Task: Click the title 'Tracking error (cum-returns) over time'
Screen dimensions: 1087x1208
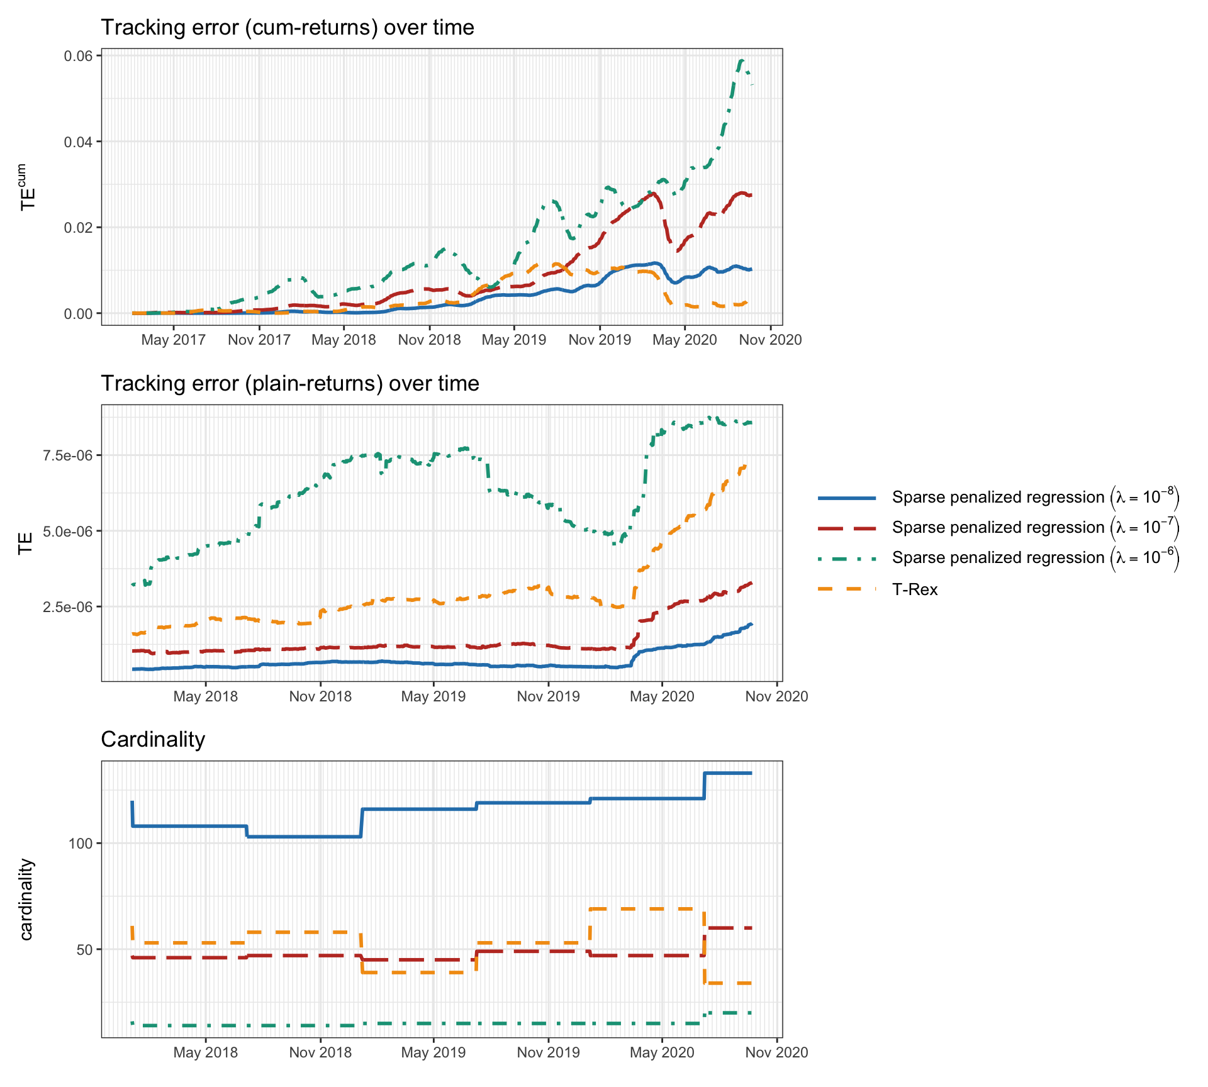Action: tap(287, 28)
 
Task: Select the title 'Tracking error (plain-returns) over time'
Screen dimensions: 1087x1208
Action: tap(289, 383)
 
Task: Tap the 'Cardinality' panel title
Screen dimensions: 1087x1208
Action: tap(153, 739)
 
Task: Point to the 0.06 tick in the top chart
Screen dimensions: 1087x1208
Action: tap(78, 56)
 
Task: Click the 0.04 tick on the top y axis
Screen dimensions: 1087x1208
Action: tap(78, 142)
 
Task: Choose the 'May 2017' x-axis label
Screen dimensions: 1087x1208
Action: tap(173, 340)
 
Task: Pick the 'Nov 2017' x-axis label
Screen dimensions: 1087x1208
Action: tap(259, 340)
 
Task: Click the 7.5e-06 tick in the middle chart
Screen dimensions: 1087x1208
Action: tap(67, 455)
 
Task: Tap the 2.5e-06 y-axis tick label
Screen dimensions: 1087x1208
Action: tap(67, 607)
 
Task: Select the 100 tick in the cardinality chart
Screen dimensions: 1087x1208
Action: tap(81, 844)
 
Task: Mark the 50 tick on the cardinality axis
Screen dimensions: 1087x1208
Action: tap(84, 950)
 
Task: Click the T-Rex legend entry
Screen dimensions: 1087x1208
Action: tap(914, 589)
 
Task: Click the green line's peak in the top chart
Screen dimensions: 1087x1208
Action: tap(742, 60)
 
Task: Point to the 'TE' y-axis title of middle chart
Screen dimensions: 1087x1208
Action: tap(25, 543)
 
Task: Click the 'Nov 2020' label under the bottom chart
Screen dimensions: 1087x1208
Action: tap(776, 1052)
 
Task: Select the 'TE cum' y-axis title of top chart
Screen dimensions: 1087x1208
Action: tap(26, 187)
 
